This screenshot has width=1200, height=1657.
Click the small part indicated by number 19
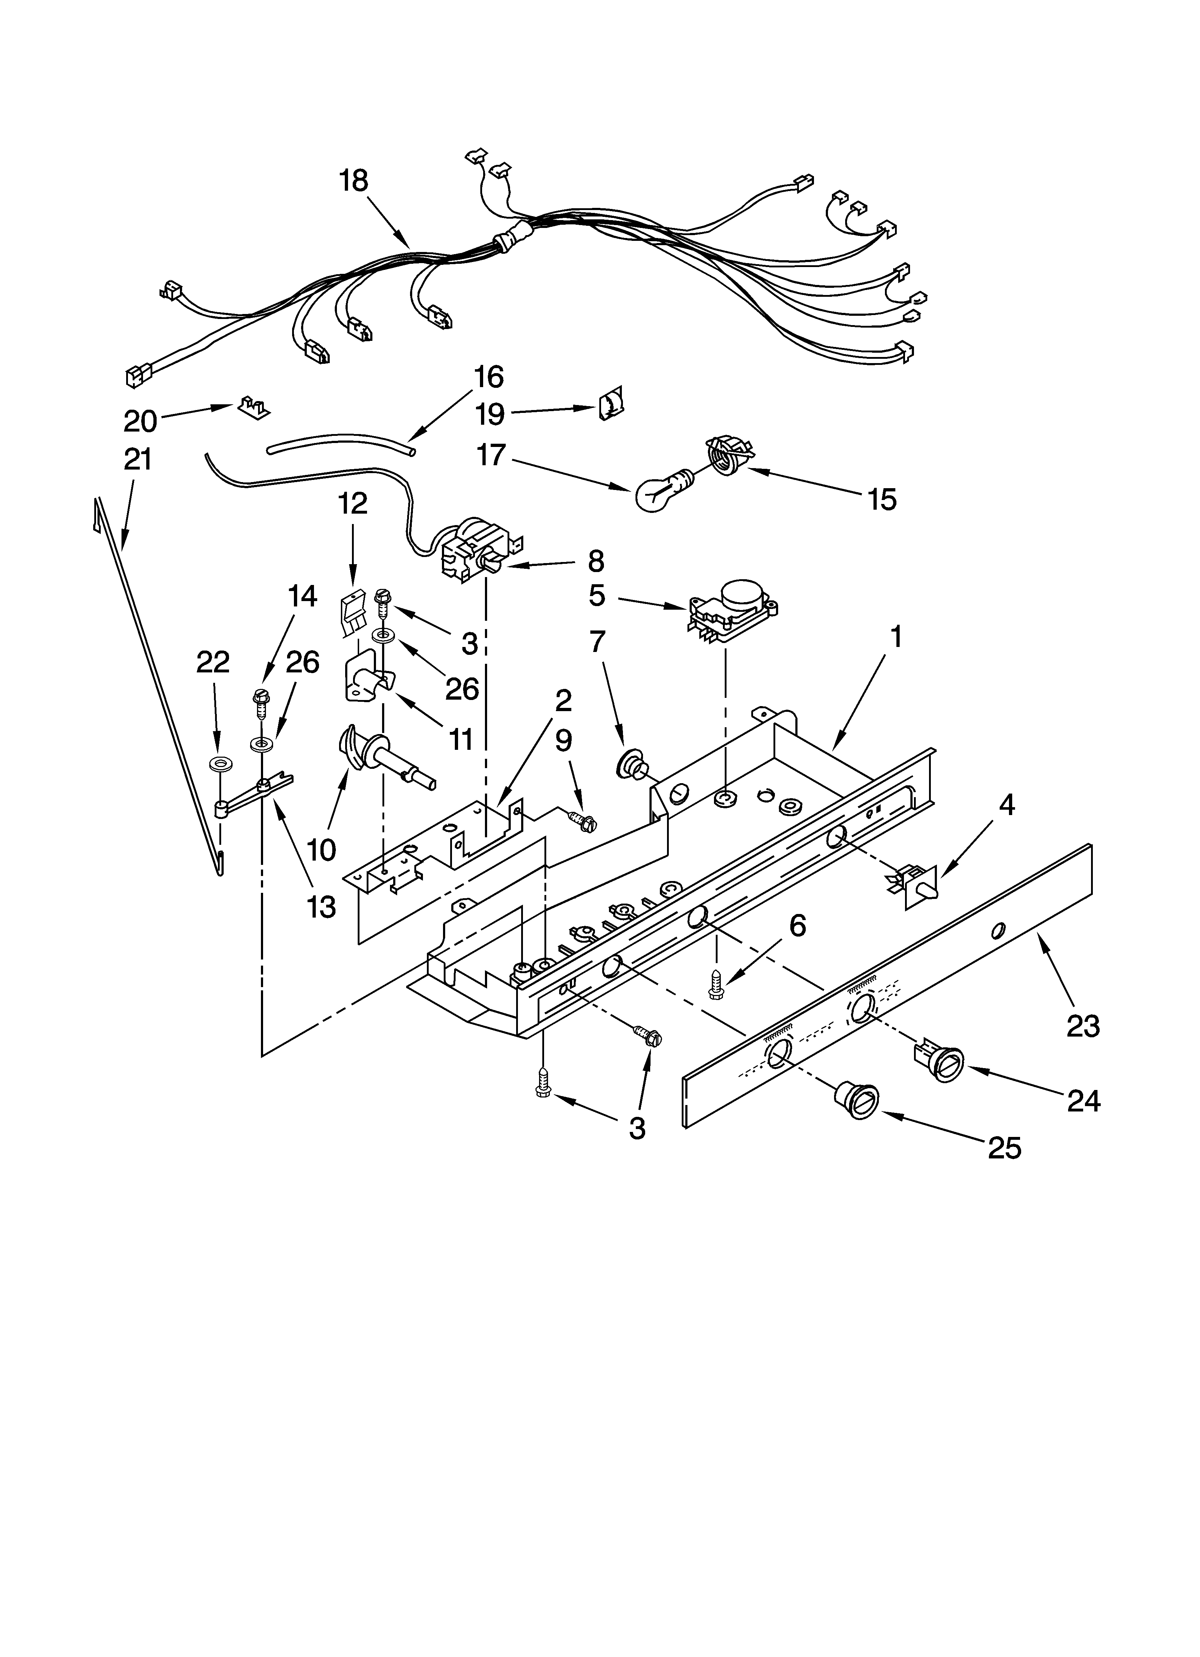608,403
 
